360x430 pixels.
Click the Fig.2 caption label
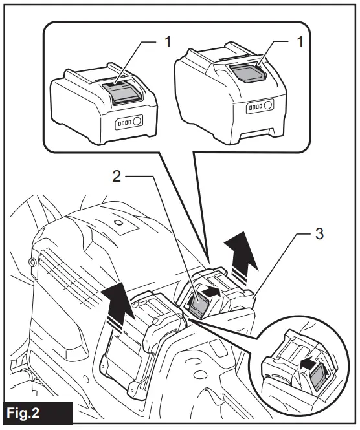point(32,412)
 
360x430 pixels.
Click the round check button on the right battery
point(268,105)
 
